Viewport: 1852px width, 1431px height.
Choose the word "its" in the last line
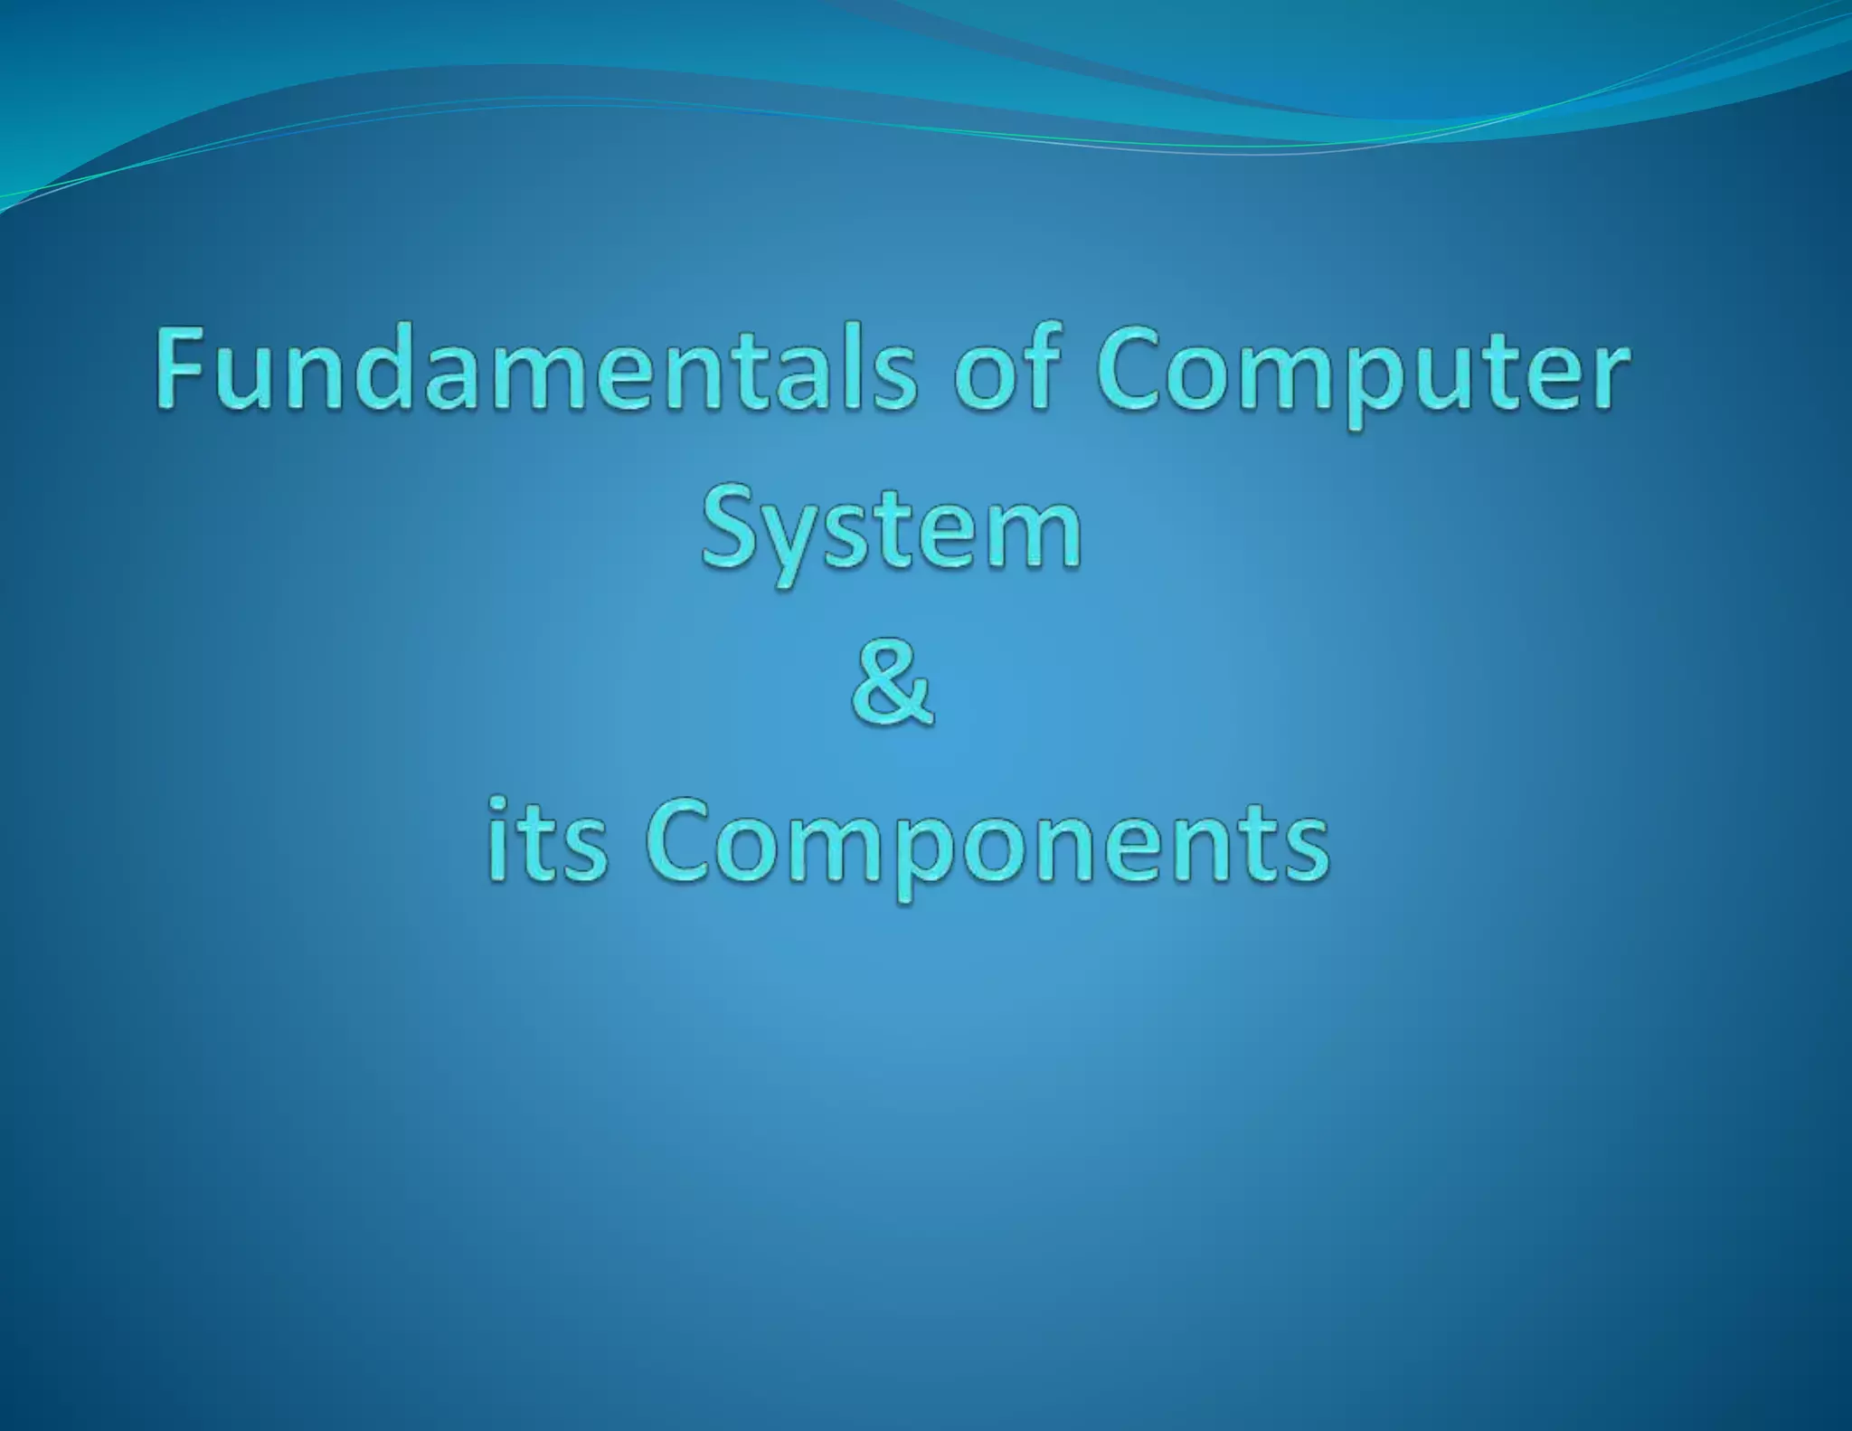point(547,841)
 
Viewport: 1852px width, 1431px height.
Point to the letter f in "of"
point(1035,365)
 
